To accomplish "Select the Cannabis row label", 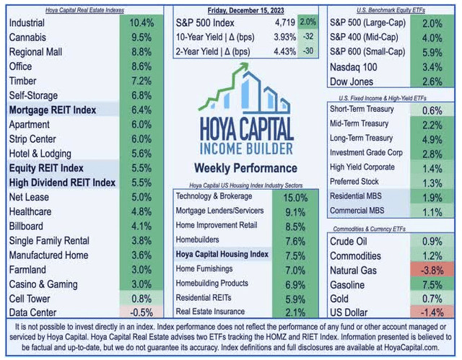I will click(x=31, y=38).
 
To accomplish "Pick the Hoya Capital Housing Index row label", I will click(x=222, y=254).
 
